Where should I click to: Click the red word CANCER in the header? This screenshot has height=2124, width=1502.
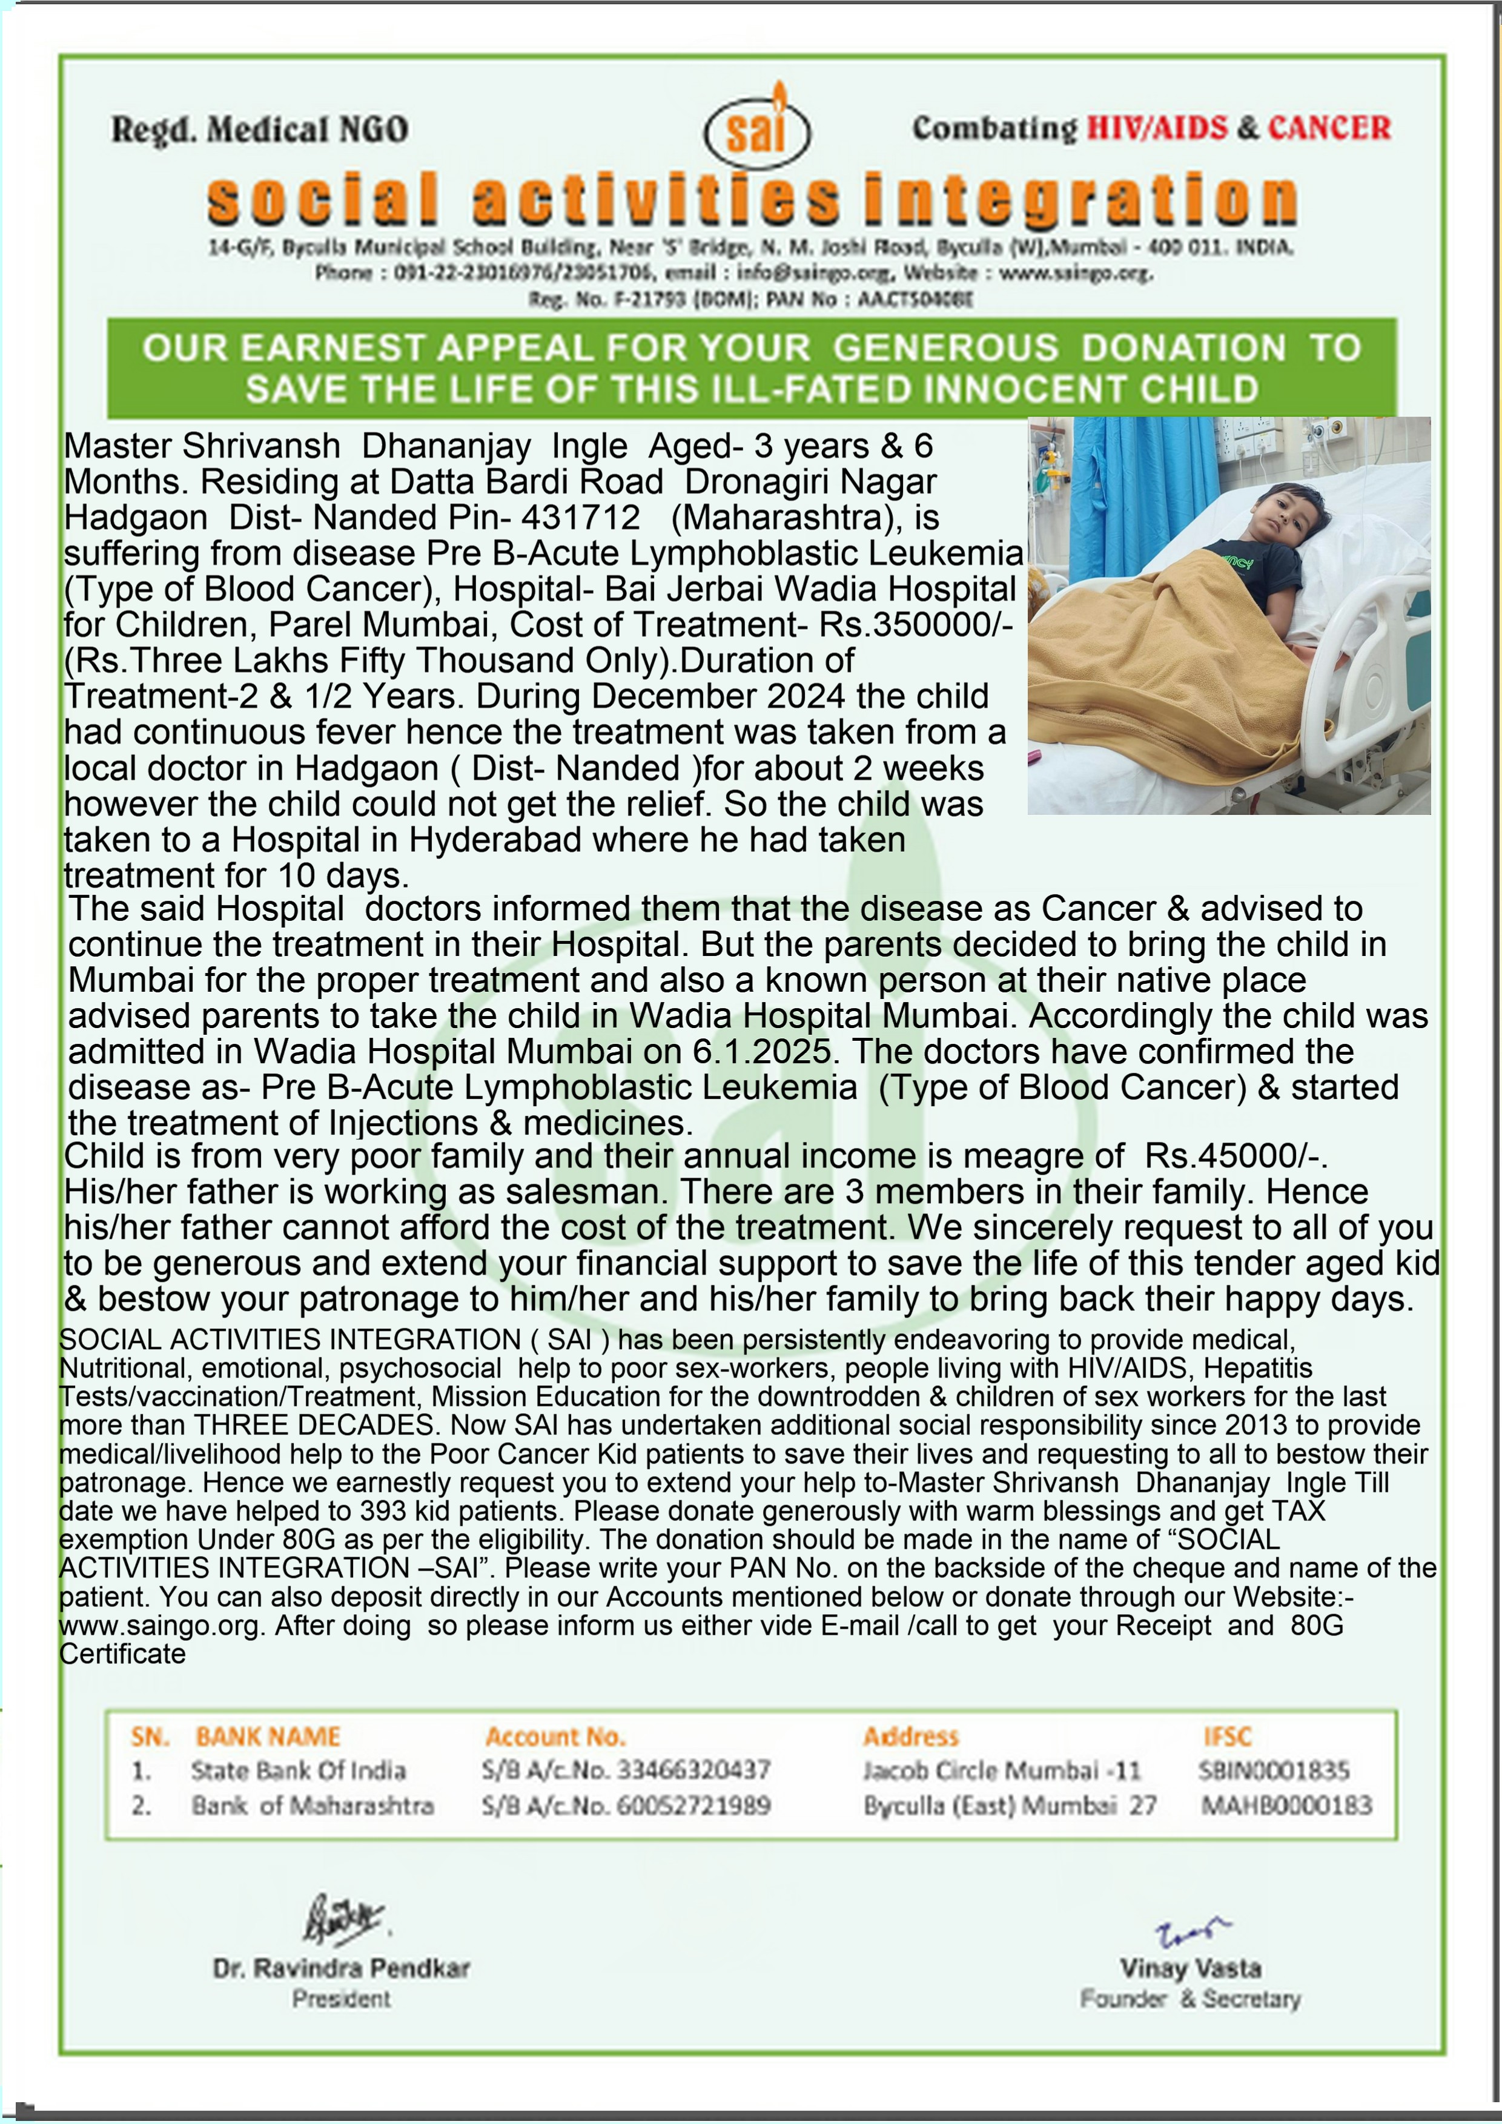pyautogui.click(x=1328, y=128)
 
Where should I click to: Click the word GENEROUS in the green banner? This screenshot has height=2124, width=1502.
pyautogui.click(x=945, y=348)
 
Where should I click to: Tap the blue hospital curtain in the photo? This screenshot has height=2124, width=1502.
pyautogui.click(x=1138, y=490)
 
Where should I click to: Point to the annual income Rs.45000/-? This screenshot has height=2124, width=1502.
pyautogui.click(x=1236, y=1156)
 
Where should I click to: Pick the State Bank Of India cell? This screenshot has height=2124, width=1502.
pyautogui.click(x=298, y=1770)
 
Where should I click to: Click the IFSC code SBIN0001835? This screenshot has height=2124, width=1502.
pyautogui.click(x=1274, y=1770)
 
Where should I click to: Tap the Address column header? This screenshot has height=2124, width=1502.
pyautogui.click(x=911, y=1736)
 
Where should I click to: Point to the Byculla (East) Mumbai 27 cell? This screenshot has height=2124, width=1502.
pyautogui.click(x=1010, y=1806)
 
